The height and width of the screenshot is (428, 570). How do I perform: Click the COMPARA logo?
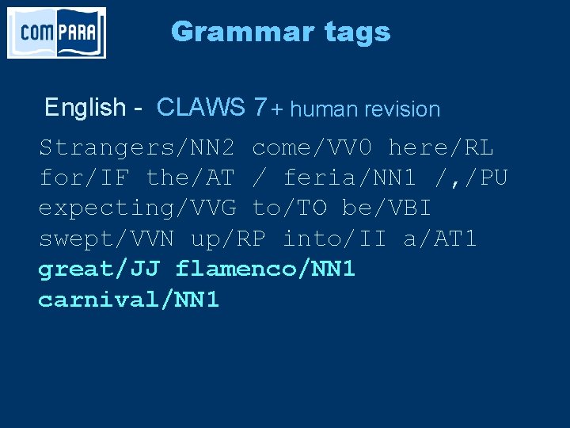pyautogui.click(x=56, y=32)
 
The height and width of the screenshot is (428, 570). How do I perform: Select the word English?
pyautogui.click(x=85, y=107)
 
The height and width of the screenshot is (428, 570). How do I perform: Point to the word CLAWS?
pyautogui.click(x=201, y=107)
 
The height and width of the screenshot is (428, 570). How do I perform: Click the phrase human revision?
pyautogui.click(x=365, y=109)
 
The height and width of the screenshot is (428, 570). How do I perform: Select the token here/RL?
pyautogui.click(x=441, y=147)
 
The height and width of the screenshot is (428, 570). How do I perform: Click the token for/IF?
pyautogui.click(x=85, y=178)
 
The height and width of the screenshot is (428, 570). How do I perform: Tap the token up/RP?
pyautogui.click(x=229, y=239)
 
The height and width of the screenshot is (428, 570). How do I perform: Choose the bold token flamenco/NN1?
pyautogui.click(x=266, y=269)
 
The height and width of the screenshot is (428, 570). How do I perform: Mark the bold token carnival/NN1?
pyautogui.click(x=129, y=300)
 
